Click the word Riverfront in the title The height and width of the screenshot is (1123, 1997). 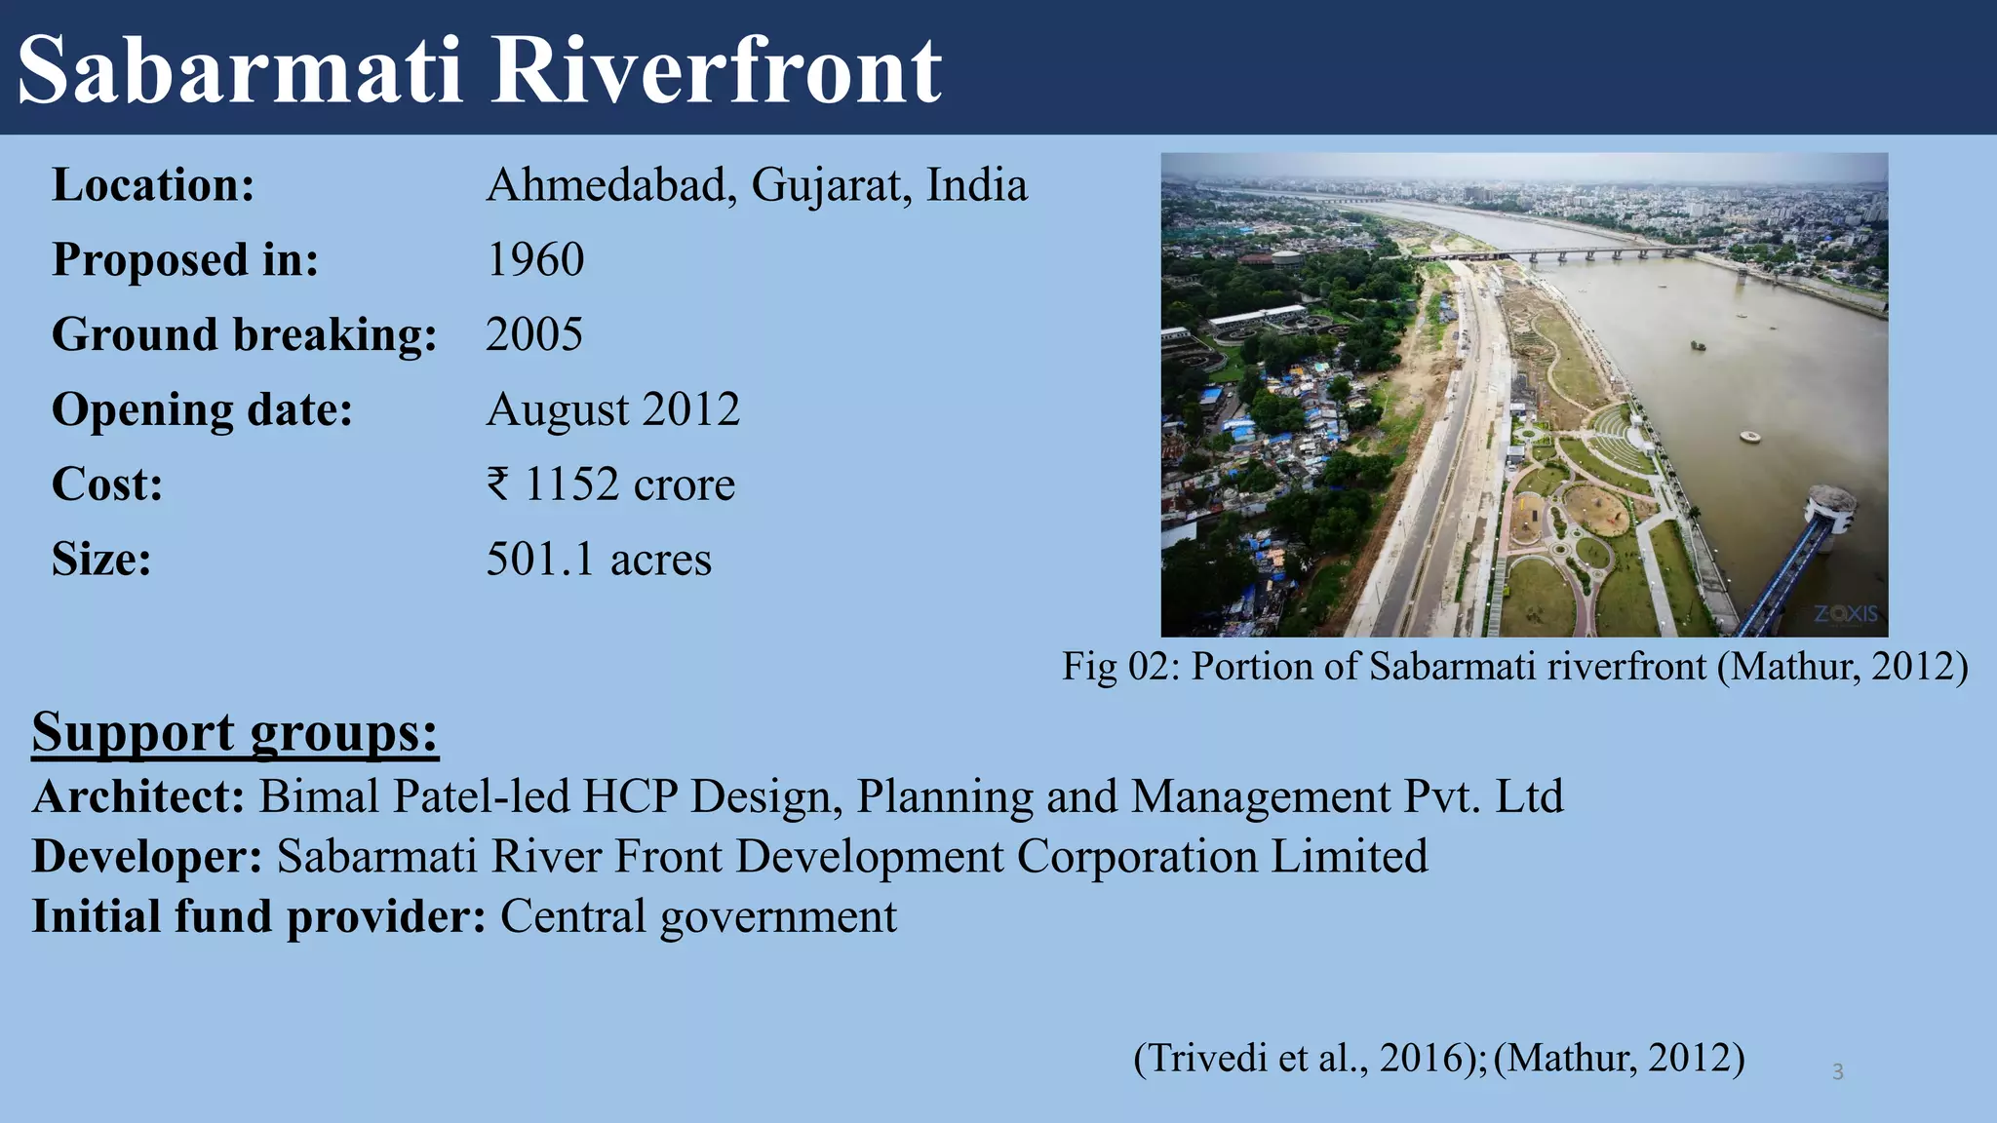tap(715, 70)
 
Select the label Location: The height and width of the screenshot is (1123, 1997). tap(153, 185)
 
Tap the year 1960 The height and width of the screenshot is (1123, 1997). tap(534, 260)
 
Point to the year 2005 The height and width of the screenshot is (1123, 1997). tap(534, 335)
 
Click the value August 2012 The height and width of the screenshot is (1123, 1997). tap(612, 409)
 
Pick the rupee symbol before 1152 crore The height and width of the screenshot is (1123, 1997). tap(498, 484)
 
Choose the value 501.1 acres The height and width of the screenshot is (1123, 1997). tap(599, 560)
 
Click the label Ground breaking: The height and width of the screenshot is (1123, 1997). tap(244, 335)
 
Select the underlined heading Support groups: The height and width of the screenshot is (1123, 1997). tap(235, 732)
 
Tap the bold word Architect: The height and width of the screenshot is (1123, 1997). tap(138, 796)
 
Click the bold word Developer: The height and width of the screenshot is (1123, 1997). tap(147, 857)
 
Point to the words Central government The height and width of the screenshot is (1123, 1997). tap(698, 917)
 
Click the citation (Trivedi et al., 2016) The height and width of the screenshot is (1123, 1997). tap(1310, 1058)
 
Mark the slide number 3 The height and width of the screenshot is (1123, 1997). tap(1837, 1072)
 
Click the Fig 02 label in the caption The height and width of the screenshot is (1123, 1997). tap(1120, 667)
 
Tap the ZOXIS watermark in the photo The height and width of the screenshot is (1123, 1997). tap(1845, 614)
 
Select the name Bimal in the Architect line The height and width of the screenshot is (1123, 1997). tap(318, 796)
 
